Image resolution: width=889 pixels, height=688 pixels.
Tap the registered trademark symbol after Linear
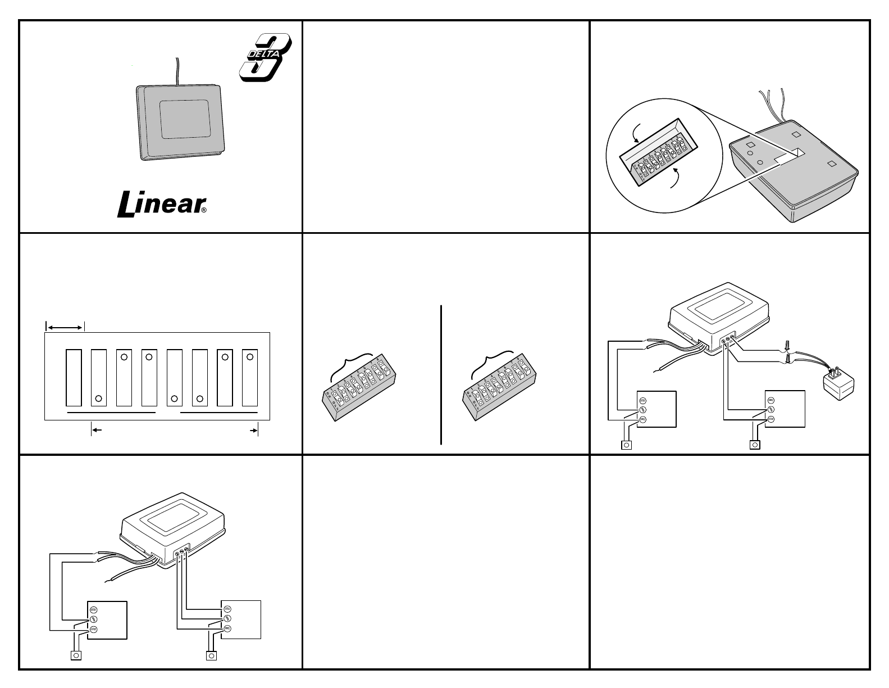click(x=204, y=211)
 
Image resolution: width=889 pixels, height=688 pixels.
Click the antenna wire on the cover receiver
click(x=177, y=70)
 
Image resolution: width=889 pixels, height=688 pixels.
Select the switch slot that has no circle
click(x=74, y=378)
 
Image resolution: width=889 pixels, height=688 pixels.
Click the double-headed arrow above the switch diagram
click(x=65, y=327)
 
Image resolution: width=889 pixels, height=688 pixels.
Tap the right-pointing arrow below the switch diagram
click(x=254, y=430)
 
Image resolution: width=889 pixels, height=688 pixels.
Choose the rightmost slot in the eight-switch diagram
click(x=250, y=378)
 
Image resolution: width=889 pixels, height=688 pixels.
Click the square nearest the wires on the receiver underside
click(x=795, y=135)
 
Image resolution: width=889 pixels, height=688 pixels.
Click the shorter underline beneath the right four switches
click(x=218, y=413)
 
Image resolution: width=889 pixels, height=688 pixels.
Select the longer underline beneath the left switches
click(x=111, y=413)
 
